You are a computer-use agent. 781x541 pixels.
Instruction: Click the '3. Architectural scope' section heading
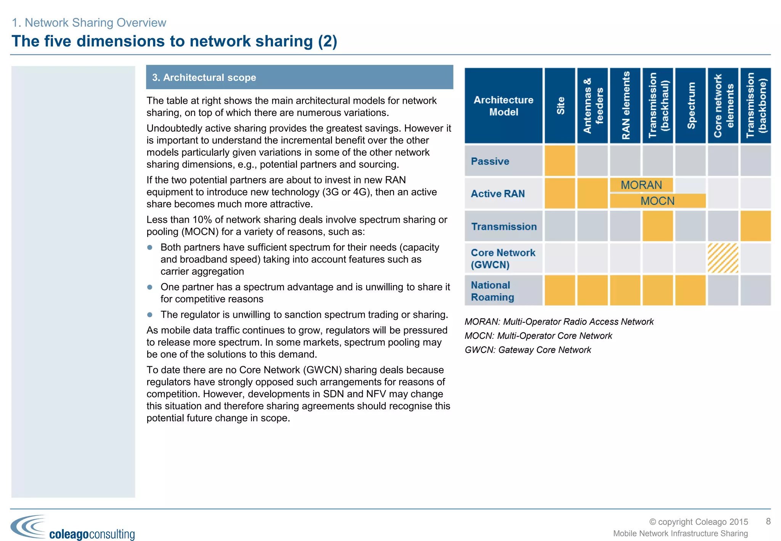(x=204, y=77)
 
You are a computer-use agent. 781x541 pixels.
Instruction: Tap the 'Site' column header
(x=560, y=106)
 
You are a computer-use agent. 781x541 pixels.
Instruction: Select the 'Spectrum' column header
(x=690, y=106)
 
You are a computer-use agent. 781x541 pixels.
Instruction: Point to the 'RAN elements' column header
(x=625, y=106)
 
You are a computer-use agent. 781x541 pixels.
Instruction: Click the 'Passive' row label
(x=490, y=161)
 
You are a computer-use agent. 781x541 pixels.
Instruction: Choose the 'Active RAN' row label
(x=498, y=194)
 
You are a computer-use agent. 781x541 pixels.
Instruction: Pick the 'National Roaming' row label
(x=492, y=291)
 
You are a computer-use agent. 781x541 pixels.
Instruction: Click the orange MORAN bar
(x=641, y=185)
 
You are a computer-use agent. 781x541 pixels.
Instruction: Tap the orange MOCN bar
(x=657, y=201)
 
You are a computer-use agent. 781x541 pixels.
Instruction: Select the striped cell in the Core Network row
(x=723, y=258)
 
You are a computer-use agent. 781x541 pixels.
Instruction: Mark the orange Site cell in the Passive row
(x=560, y=161)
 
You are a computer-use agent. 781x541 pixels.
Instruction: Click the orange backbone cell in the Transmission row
(x=755, y=226)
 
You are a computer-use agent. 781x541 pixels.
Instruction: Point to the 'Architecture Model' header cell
(x=503, y=106)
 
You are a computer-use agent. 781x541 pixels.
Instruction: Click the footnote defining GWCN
(x=528, y=350)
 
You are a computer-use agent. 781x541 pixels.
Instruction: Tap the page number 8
(x=768, y=522)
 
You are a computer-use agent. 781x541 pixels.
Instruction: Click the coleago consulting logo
(x=72, y=528)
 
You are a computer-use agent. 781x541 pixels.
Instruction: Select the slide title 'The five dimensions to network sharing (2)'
(x=174, y=41)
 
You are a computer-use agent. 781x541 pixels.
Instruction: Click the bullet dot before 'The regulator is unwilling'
(x=150, y=315)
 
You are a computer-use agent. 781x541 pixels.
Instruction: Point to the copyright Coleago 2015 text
(x=699, y=522)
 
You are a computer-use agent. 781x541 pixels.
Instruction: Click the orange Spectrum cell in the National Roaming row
(x=690, y=290)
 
